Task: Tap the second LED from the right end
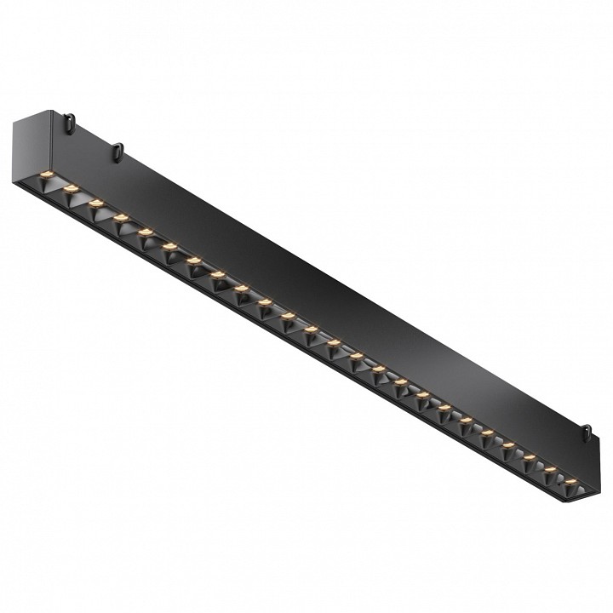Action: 549,469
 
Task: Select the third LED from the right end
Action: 529,457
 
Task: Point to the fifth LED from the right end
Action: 487,433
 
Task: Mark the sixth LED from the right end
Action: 466,420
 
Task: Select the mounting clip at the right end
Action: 587,430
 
